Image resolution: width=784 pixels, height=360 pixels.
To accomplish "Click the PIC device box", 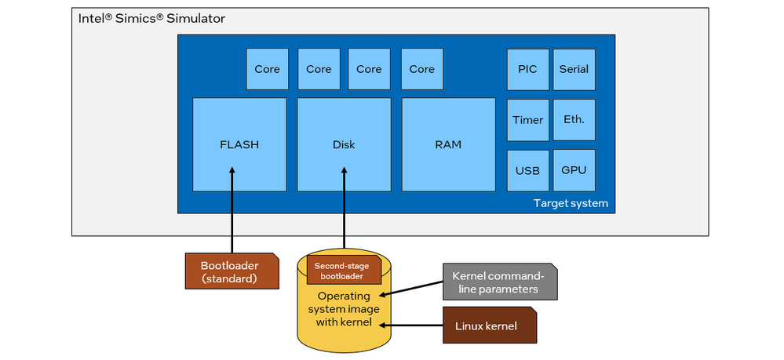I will pos(527,69).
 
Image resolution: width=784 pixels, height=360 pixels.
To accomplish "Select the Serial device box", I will pos(574,69).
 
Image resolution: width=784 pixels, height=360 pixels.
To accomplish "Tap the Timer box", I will pos(527,120).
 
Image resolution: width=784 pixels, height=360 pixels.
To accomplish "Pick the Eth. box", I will pos(574,120).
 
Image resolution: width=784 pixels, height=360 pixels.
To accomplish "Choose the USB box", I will pos(527,170).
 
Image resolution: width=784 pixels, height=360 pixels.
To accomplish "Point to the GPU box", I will pos(574,170).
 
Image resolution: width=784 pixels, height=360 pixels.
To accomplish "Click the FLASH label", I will pos(239,144).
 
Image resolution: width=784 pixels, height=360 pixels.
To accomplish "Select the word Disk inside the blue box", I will pos(344,144).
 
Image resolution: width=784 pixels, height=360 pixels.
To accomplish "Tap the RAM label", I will pos(448,144).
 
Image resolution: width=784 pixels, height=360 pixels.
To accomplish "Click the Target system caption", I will pos(571,203).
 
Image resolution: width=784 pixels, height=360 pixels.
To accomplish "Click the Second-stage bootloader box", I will pos(343,271).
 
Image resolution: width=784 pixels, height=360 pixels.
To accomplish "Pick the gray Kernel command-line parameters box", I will pos(499,282).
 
